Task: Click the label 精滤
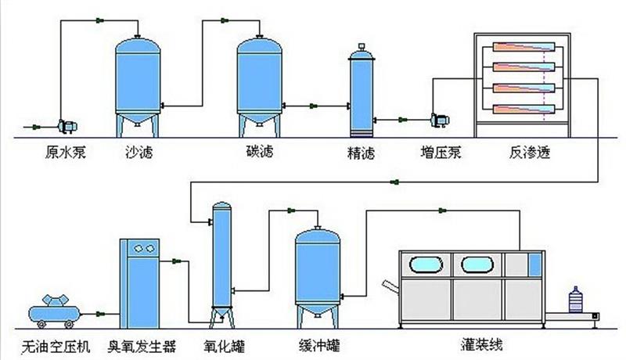pyautogui.click(x=361, y=153)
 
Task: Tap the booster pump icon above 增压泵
pyautogui.click(x=436, y=119)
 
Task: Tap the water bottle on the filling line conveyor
pyautogui.click(x=577, y=301)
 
